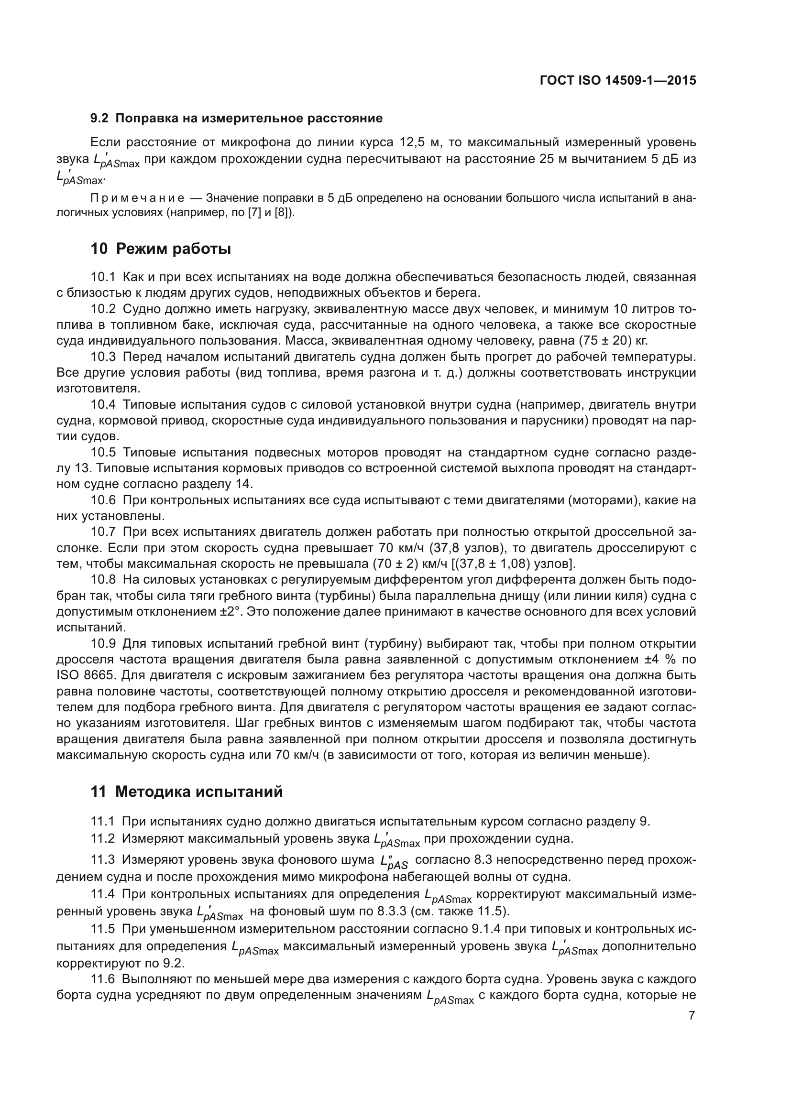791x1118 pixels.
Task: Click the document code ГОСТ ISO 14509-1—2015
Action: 617,80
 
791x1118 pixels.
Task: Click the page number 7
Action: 692,1015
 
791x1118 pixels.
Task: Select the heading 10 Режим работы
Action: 160,249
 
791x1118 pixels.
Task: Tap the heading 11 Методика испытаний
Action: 186,792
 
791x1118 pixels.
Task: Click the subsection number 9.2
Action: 99,119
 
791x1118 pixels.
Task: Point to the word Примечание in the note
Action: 137,198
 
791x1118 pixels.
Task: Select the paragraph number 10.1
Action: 103,278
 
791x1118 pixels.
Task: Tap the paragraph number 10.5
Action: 103,453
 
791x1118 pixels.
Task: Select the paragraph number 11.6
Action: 103,979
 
